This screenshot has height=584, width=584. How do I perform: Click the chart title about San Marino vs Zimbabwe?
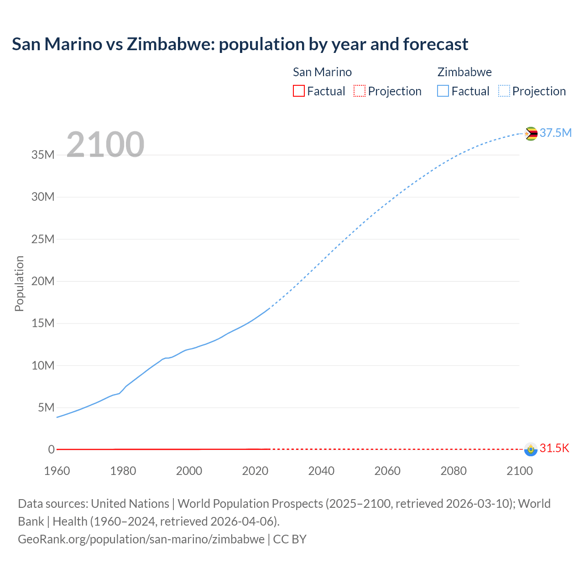[x=240, y=44]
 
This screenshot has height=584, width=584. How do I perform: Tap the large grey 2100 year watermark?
[x=105, y=145]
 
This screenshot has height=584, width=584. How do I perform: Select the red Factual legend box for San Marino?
[x=299, y=91]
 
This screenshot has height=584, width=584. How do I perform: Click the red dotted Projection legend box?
[x=360, y=91]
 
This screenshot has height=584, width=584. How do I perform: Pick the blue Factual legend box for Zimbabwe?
[x=443, y=91]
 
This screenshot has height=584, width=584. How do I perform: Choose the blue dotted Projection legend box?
[x=504, y=91]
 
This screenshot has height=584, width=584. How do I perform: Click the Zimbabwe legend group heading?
[x=464, y=72]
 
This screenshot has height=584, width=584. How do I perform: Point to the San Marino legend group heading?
[x=322, y=72]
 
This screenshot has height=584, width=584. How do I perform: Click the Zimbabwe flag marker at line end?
[x=531, y=134]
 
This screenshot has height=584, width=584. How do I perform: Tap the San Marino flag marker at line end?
[x=531, y=449]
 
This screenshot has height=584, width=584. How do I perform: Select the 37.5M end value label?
[x=555, y=133]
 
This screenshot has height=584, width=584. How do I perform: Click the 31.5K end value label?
[x=554, y=448]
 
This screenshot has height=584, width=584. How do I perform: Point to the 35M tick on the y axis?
[x=43, y=155]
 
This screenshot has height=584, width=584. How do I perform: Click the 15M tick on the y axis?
[x=43, y=323]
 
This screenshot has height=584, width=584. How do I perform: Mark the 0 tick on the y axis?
[x=51, y=449]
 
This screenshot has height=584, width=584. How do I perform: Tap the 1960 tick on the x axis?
[x=57, y=471]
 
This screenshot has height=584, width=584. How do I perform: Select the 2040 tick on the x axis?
[x=321, y=471]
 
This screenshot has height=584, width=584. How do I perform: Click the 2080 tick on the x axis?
[x=454, y=471]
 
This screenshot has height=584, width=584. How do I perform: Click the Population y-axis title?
[x=19, y=283]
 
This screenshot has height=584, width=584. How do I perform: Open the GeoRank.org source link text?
[x=141, y=539]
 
